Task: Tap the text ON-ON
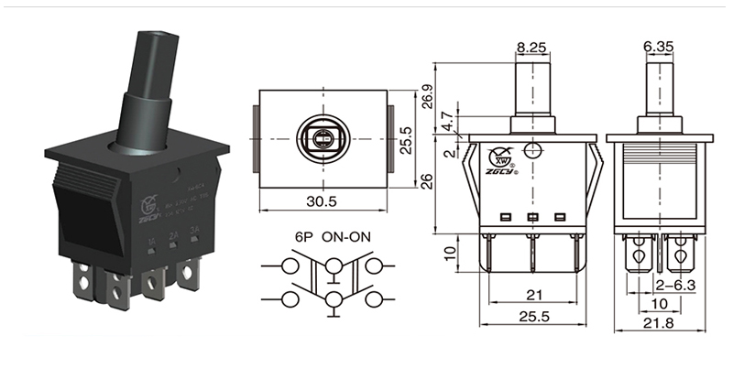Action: [353, 236]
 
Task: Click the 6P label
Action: [303, 236]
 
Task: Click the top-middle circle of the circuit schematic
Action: [334, 265]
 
